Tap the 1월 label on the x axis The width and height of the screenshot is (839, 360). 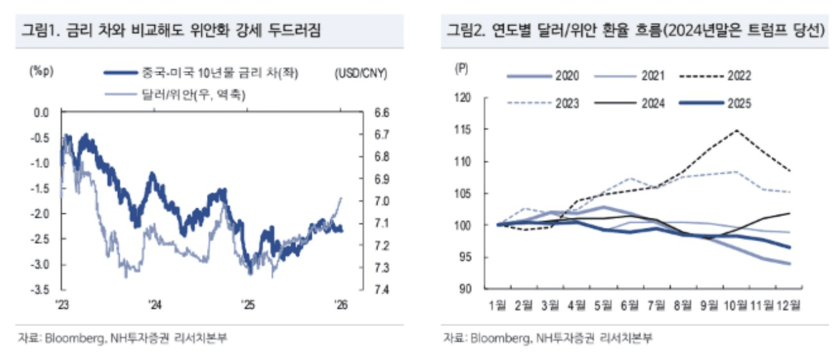(x=499, y=306)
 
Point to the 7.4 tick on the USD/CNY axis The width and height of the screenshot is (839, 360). (x=363, y=290)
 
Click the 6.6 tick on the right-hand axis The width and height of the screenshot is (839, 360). (x=363, y=113)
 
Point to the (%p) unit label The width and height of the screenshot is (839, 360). (x=40, y=72)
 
